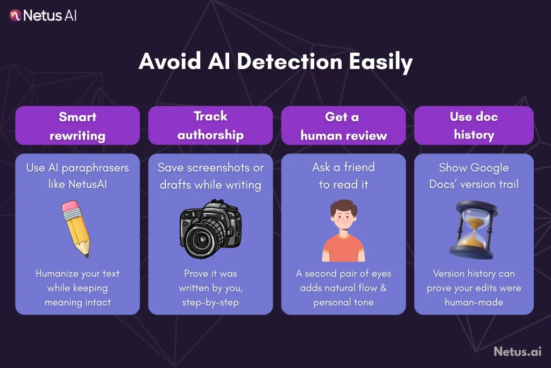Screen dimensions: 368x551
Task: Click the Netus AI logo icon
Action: (x=15, y=15)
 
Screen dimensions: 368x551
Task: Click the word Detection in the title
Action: (x=289, y=62)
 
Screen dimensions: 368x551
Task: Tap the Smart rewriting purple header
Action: (x=77, y=126)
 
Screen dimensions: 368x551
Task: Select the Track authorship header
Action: (x=210, y=126)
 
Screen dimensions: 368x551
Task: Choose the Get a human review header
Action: (x=343, y=126)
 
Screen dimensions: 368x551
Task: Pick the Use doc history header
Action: (x=474, y=126)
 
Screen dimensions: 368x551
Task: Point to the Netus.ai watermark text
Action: (x=517, y=352)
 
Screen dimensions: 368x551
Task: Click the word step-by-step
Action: (x=210, y=302)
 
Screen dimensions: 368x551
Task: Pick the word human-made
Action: (x=474, y=302)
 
